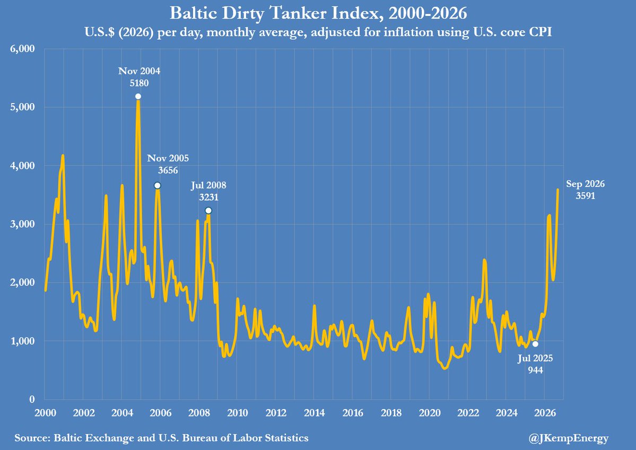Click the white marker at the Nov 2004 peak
tap(138, 96)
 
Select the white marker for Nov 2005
tap(158, 185)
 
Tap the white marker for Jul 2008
tap(208, 210)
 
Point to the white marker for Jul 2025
tap(535, 344)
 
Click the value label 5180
tap(139, 83)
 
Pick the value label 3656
tap(168, 170)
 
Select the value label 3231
tap(208, 197)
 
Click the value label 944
tap(535, 370)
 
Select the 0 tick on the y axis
tap(32, 399)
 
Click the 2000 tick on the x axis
tap(45, 413)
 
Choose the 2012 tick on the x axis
tap(276, 413)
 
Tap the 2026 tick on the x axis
tap(545, 413)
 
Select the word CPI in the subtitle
tap(538, 32)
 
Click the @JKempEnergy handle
tap(569, 438)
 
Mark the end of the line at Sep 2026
tap(557, 189)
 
